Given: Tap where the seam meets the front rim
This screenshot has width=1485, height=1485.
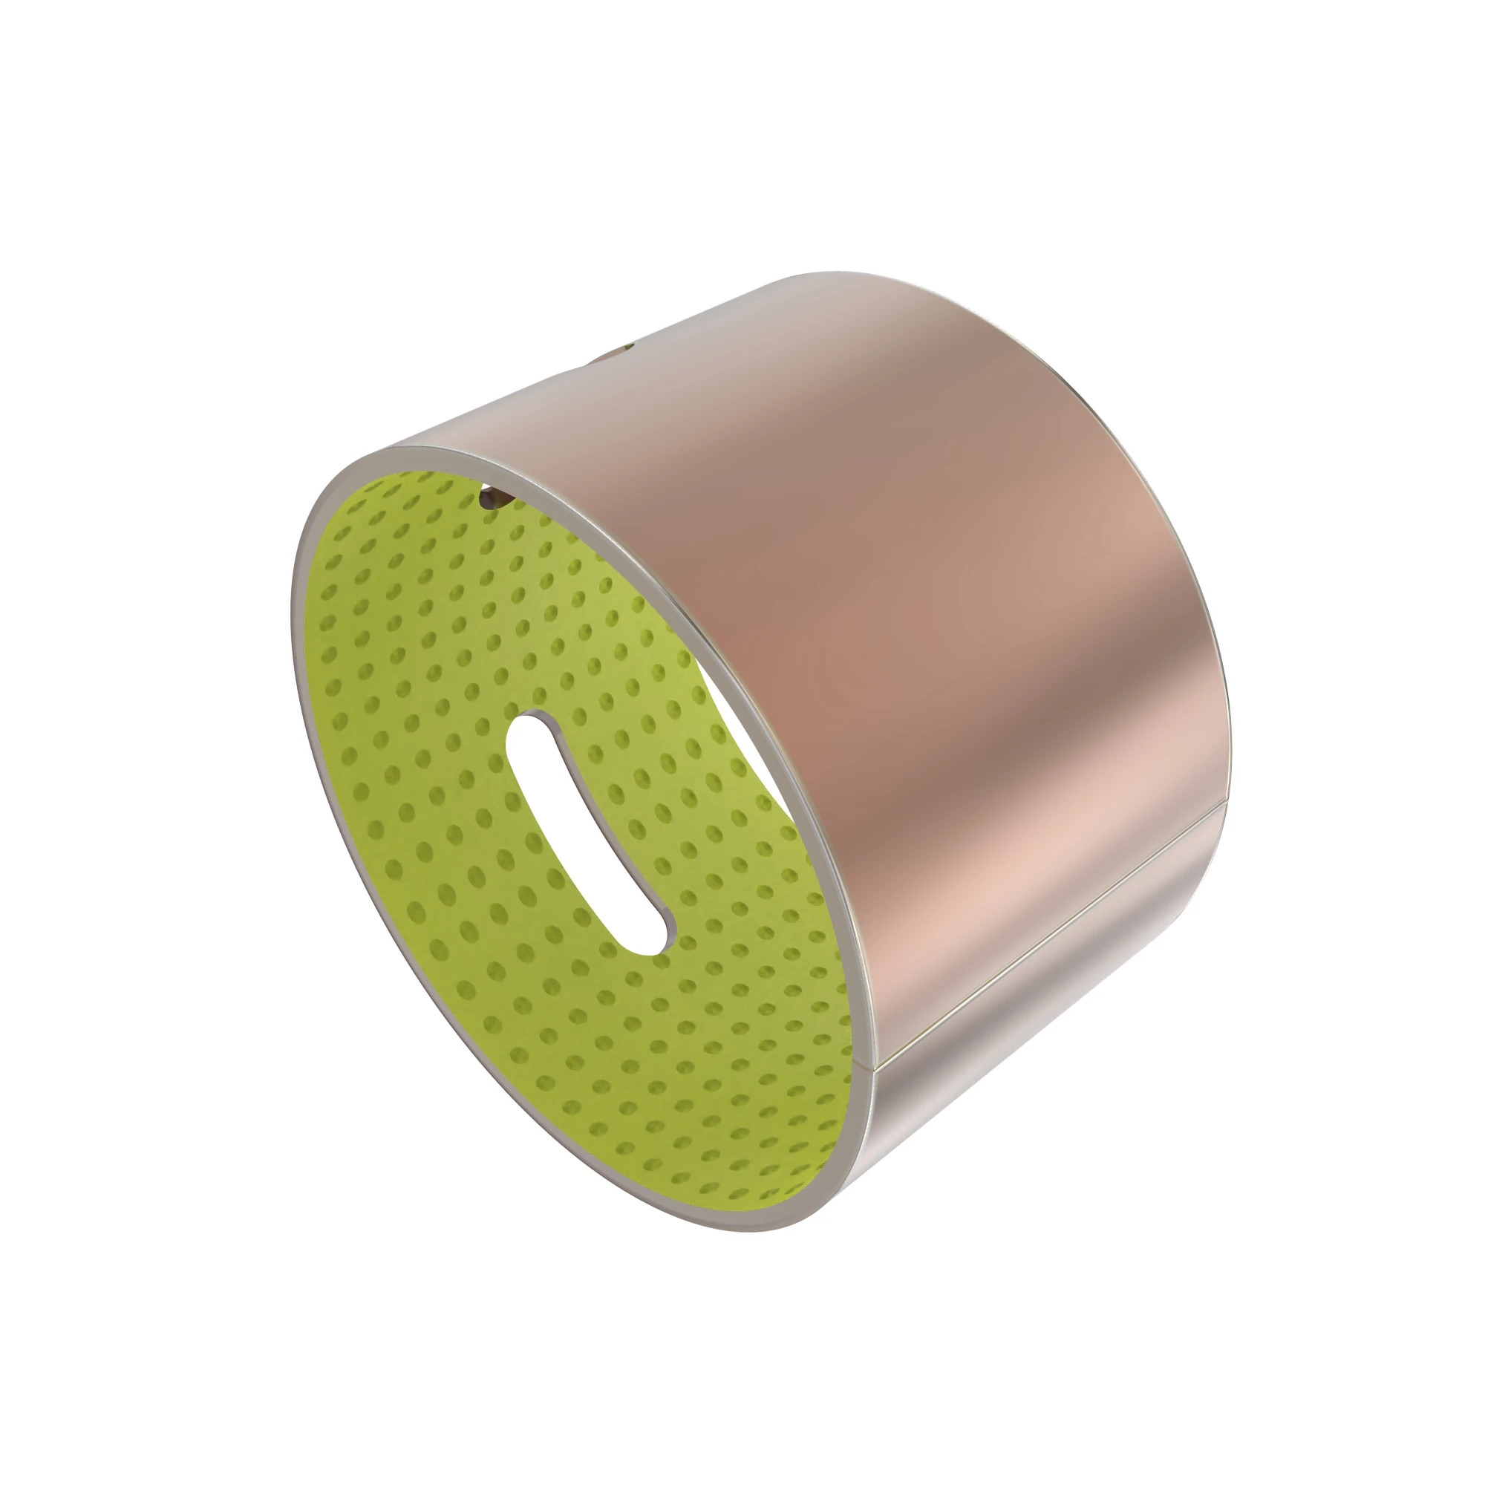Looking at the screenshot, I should click(x=871, y=1067).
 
